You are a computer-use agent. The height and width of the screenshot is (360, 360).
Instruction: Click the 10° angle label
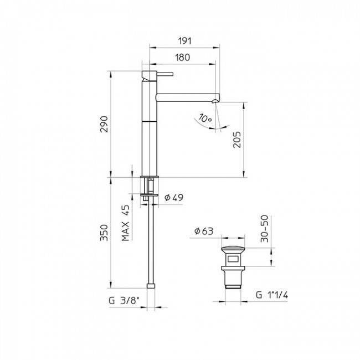click(206, 119)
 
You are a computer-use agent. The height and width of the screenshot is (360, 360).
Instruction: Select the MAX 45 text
click(126, 224)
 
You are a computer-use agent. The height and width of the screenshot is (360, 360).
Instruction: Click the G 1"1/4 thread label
click(273, 294)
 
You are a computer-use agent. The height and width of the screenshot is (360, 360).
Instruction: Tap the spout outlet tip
click(216, 101)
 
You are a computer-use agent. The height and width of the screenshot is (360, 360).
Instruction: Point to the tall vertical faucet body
click(150, 127)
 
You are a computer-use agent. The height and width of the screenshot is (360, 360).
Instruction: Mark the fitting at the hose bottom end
click(151, 286)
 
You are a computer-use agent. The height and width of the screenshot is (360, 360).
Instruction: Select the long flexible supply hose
click(151, 244)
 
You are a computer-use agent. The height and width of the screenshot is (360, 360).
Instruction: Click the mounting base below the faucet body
click(150, 186)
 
